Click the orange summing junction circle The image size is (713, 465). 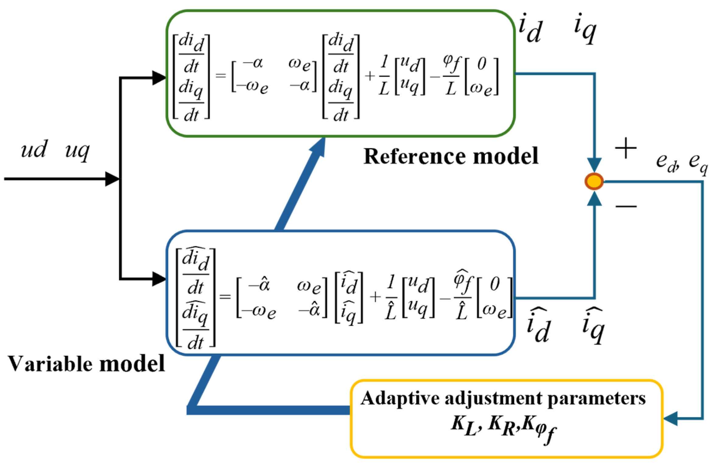tap(594, 181)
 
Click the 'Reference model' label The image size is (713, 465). tap(451, 156)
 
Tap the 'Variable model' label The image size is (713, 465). tap(86, 364)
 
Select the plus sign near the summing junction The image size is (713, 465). tap(626, 148)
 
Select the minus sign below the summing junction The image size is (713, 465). tap(626, 207)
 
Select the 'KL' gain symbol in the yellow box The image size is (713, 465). tap(464, 425)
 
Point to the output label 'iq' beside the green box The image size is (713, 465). tap(585, 29)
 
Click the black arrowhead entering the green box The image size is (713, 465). tap(159, 78)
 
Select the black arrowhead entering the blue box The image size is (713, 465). tap(159, 279)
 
